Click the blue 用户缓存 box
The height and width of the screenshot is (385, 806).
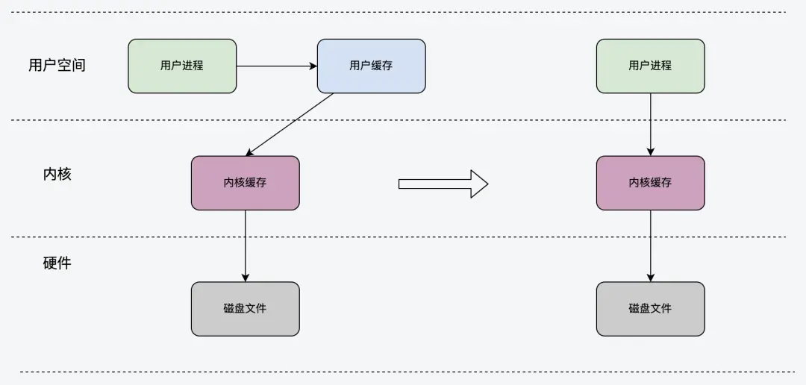(x=371, y=66)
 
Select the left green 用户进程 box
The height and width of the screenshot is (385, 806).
(x=182, y=66)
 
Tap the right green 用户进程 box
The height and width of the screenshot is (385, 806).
(x=650, y=66)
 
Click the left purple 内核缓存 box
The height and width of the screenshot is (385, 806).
(x=245, y=183)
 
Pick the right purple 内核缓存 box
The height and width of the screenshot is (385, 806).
(x=650, y=183)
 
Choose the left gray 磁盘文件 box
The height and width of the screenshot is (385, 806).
(x=245, y=309)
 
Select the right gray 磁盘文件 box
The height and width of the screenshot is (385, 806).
(x=650, y=309)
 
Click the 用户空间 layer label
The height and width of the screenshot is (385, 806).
(x=57, y=65)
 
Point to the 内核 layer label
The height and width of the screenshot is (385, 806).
(x=57, y=175)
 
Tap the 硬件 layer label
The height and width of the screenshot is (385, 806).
(x=57, y=263)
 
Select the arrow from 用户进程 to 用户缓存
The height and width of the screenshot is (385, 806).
(x=276, y=66)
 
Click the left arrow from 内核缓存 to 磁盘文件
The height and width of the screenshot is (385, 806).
(x=245, y=245)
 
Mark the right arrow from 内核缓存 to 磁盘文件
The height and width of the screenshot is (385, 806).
(x=650, y=245)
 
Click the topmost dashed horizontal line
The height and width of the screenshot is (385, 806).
(x=403, y=12)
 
